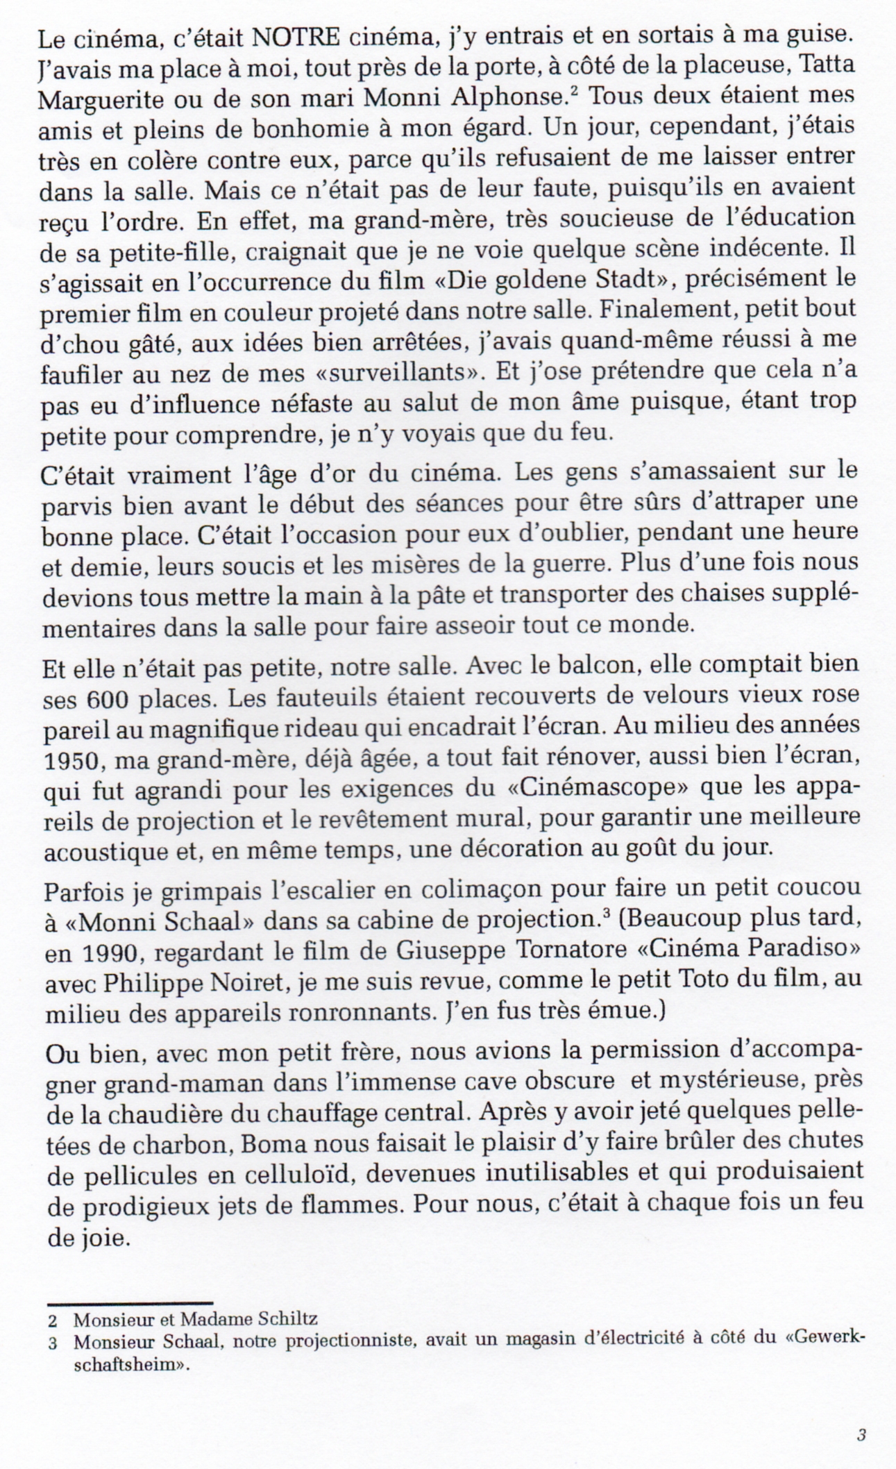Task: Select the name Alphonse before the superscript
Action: point(505,98)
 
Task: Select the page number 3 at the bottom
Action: point(861,1433)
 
